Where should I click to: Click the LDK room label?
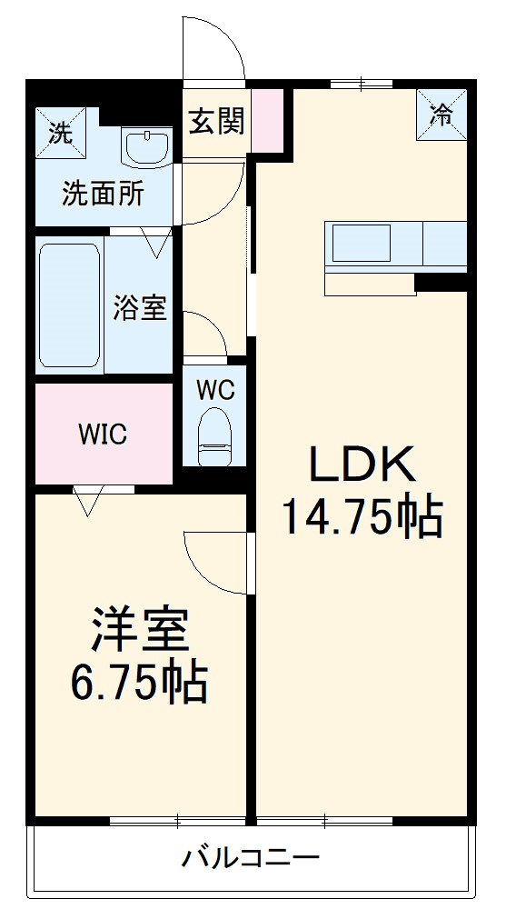tap(362, 464)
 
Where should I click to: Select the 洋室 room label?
tap(139, 630)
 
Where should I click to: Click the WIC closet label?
tap(102, 435)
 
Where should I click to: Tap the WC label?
tap(215, 391)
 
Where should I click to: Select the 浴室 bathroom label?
tap(139, 307)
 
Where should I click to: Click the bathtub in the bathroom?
tap(69, 304)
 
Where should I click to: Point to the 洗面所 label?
tap(103, 193)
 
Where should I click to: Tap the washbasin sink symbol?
tap(146, 147)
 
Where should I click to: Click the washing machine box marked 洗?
tap(59, 133)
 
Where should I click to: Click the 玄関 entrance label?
tap(216, 121)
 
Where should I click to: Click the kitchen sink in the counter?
tap(361, 244)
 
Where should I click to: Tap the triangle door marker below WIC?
tap(88, 501)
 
